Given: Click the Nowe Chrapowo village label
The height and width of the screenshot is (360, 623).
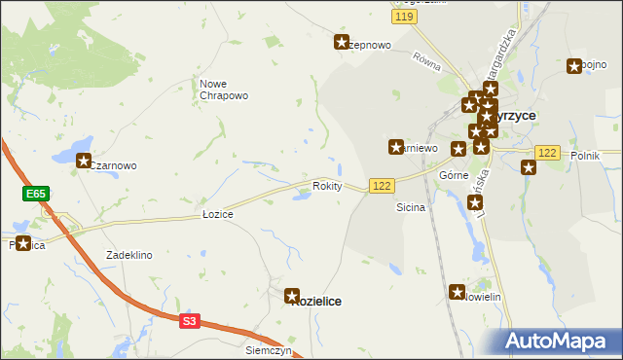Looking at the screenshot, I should pyautogui.click(x=224, y=90).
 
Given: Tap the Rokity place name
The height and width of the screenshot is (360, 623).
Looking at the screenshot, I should pyautogui.click(x=327, y=186).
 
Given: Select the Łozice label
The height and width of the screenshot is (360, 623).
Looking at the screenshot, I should pyautogui.click(x=217, y=213).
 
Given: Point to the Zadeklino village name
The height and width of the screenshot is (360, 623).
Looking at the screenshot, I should pyautogui.click(x=129, y=255).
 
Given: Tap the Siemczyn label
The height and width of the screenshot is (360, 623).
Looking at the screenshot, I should pyautogui.click(x=269, y=349).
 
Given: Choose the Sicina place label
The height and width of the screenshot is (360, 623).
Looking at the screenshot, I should pyautogui.click(x=411, y=208).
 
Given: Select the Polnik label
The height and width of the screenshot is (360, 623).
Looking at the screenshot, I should pyautogui.click(x=585, y=156).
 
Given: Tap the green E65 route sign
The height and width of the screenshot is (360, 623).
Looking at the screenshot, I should pyautogui.click(x=36, y=195).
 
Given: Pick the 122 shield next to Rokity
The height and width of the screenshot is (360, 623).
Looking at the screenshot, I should pyautogui.click(x=381, y=186).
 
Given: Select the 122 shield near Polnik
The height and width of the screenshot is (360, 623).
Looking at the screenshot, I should pyautogui.click(x=547, y=153).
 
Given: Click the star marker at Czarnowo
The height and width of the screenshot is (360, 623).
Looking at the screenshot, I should pyautogui.click(x=84, y=162).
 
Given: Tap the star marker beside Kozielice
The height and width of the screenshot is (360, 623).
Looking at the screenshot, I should pyautogui.click(x=291, y=295).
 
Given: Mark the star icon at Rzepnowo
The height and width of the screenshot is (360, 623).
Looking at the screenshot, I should pyautogui.click(x=343, y=42).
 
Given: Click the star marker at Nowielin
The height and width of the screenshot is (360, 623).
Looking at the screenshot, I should pyautogui.click(x=458, y=291).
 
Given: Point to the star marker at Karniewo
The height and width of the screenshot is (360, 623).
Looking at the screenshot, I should pyautogui.click(x=396, y=147).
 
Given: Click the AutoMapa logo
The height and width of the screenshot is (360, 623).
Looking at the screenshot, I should pyautogui.click(x=558, y=341).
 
